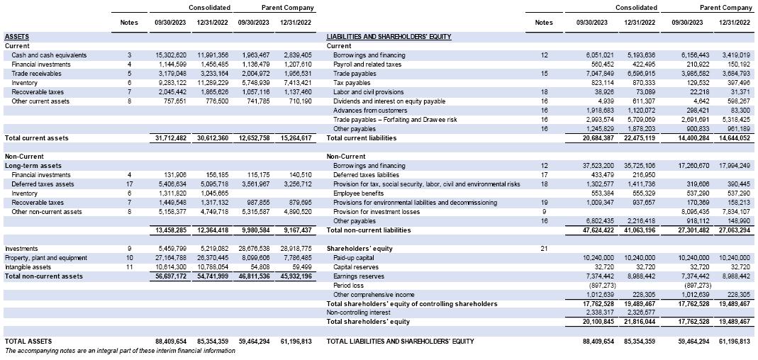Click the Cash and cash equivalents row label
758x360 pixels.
(49, 55)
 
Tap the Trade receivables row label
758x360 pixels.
(37, 74)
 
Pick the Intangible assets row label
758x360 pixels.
(29, 267)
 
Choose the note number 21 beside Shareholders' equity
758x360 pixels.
(544, 249)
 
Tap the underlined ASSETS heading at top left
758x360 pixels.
(17, 36)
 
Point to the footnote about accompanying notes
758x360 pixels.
(120, 351)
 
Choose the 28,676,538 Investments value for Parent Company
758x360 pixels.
(254, 249)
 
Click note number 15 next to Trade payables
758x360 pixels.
(544, 74)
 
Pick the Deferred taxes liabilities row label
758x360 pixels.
(367, 174)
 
